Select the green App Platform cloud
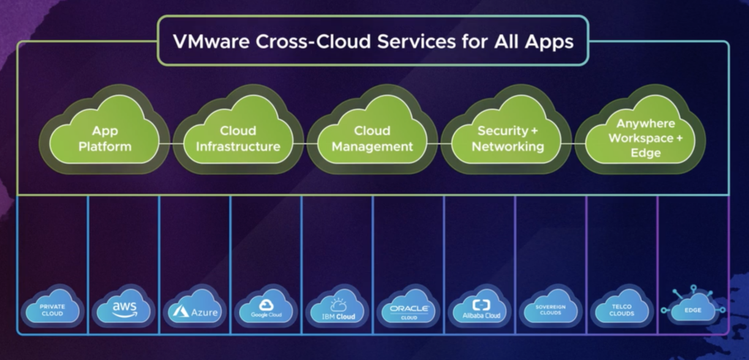tap(111, 139)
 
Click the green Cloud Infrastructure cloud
tap(238, 139)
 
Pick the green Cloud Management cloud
tap(372, 139)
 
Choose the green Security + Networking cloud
tap(508, 139)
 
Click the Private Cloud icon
tap(53, 310)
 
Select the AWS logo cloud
tap(122, 310)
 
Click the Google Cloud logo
tap(266, 310)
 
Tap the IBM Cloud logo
tap(337, 310)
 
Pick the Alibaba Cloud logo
tap(481, 310)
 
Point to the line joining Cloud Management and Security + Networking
tap(441, 145)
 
